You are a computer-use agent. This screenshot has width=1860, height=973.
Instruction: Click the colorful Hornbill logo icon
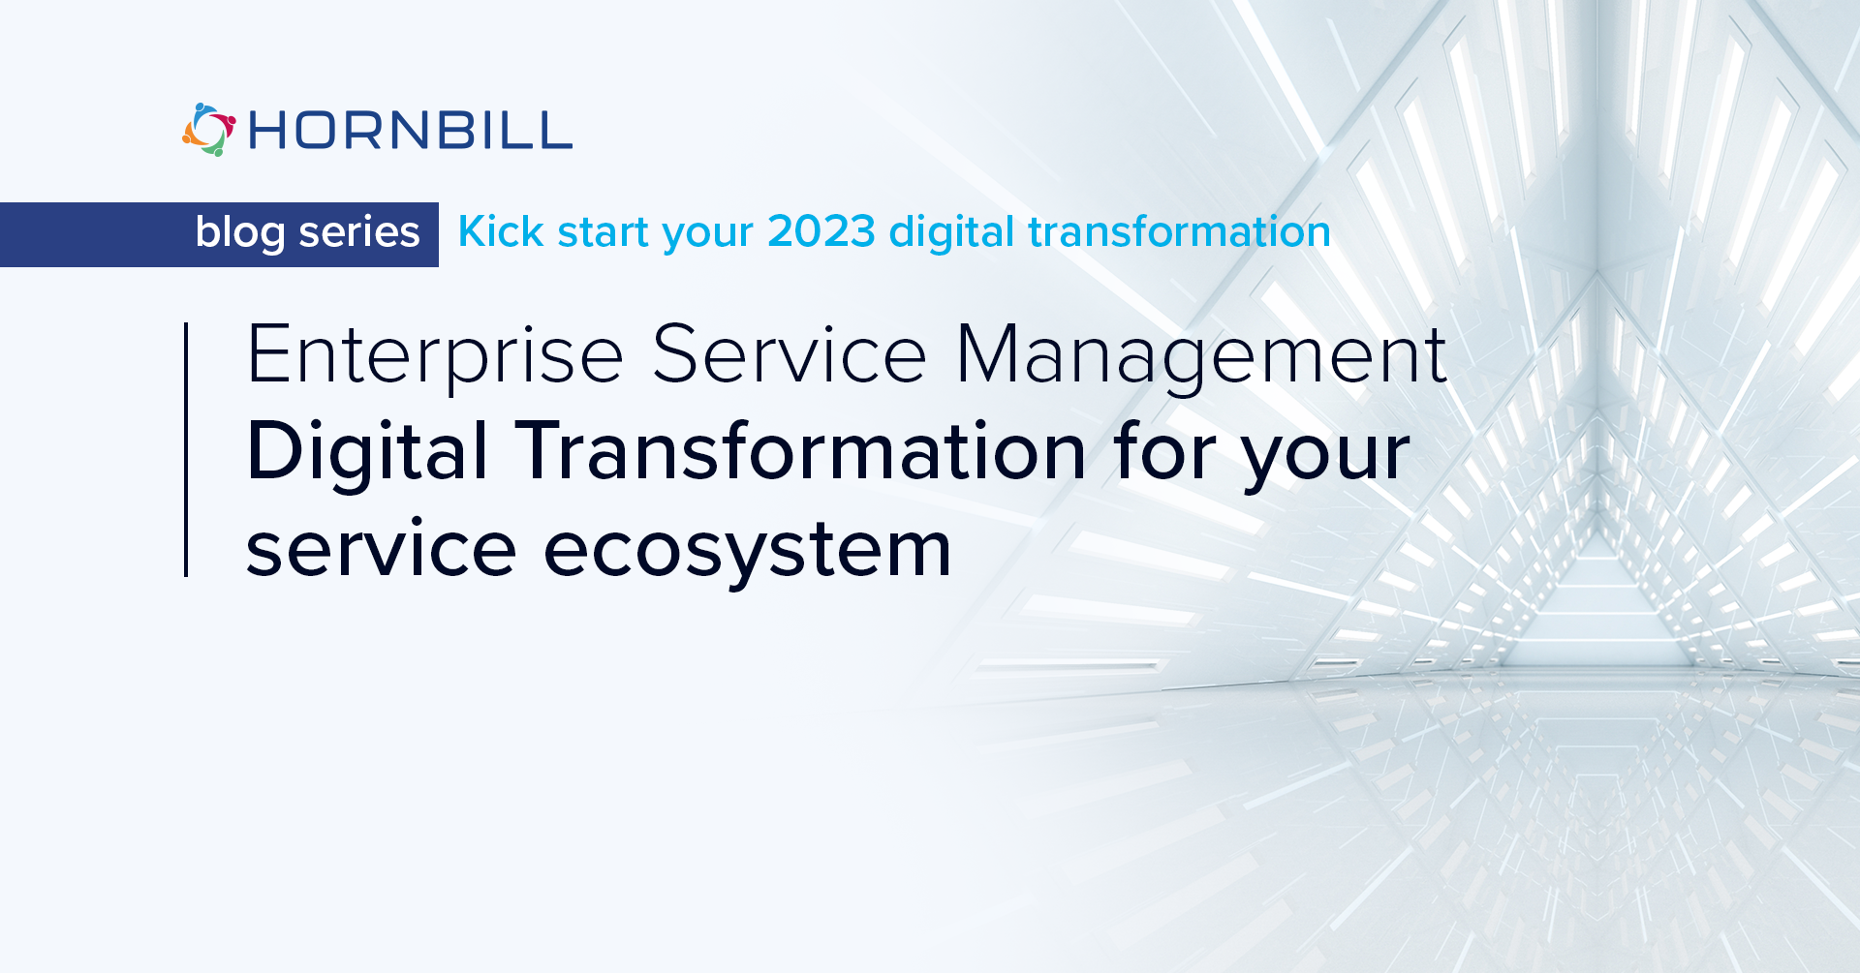click(x=208, y=130)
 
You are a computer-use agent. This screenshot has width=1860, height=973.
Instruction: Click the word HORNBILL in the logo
click(x=411, y=131)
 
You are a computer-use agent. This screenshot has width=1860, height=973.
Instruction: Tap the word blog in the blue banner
click(x=240, y=233)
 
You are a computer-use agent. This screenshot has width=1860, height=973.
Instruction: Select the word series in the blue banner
click(x=359, y=232)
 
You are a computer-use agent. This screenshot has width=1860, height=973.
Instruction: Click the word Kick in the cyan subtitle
click(x=501, y=232)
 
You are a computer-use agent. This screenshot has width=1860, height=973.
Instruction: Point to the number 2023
click(x=821, y=232)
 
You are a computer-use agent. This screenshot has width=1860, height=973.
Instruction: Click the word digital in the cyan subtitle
click(x=952, y=233)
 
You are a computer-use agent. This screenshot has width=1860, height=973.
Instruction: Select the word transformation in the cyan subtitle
click(x=1179, y=232)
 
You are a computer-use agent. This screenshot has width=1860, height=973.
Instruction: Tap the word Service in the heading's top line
click(x=790, y=354)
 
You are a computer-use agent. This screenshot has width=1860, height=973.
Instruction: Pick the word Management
click(x=1201, y=356)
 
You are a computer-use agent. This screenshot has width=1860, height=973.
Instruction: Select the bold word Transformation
click(x=801, y=451)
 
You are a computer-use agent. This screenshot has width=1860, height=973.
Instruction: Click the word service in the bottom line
click(x=381, y=549)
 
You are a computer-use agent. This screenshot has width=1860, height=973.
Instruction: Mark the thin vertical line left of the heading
click(x=186, y=450)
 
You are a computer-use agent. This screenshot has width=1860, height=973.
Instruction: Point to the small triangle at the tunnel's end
click(x=1599, y=600)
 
